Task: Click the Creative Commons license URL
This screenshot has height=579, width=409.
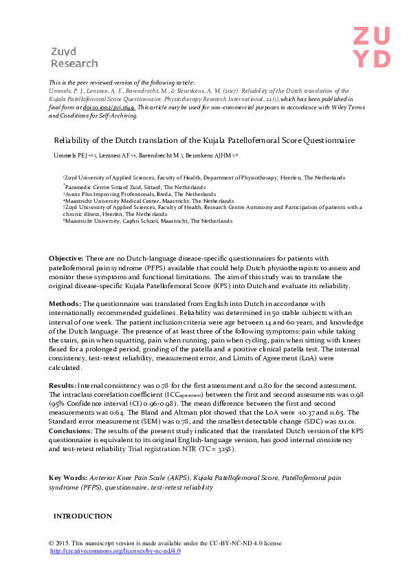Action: click(115, 551)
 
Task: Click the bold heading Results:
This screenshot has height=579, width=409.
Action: click(63, 386)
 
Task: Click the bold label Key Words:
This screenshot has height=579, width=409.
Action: click(67, 457)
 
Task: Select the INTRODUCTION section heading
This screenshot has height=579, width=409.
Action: click(82, 516)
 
